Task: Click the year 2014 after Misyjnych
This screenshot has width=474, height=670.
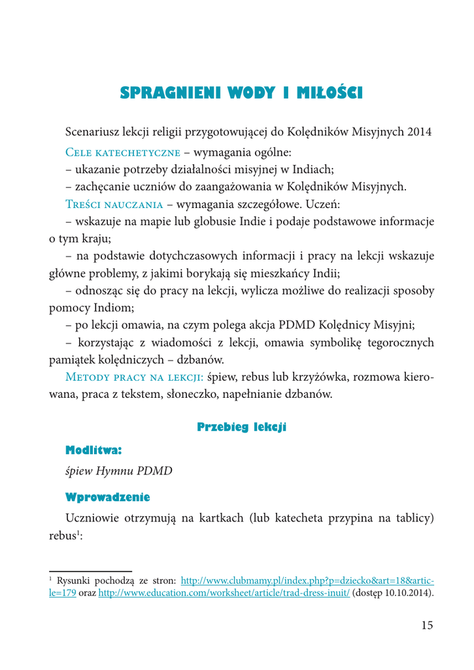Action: pos(419,131)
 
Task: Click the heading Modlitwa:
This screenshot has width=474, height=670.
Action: pos(94,450)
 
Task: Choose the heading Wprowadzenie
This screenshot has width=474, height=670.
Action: pos(108,497)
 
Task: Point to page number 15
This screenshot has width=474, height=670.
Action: pos(426,625)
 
